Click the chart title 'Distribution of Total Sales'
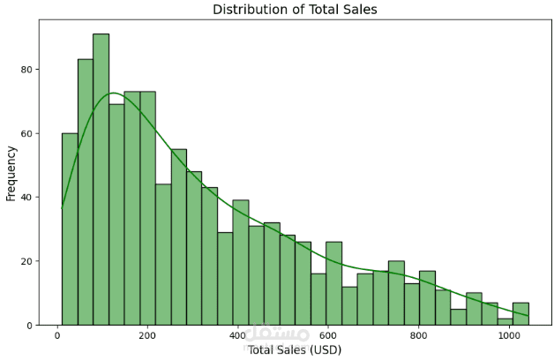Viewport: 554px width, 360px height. tap(295, 10)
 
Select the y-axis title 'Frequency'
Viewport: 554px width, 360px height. tap(11, 172)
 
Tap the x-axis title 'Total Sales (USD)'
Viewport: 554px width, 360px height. tap(294, 349)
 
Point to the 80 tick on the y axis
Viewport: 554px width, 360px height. tap(28, 69)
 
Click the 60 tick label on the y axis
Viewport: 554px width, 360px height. tap(28, 133)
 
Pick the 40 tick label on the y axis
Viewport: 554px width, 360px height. tap(28, 197)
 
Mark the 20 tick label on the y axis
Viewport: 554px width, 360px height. tap(28, 261)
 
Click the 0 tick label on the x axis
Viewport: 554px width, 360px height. tap(57, 336)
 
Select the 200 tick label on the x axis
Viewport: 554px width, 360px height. tap(147, 336)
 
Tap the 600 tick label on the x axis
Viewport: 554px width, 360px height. tap(328, 336)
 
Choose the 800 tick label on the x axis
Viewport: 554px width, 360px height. tap(418, 336)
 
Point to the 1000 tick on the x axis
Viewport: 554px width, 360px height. tap(508, 336)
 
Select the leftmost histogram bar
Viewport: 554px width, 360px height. tap(70, 229)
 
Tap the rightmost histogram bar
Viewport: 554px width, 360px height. tap(520, 314)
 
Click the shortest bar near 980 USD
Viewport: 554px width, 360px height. tap(505, 322)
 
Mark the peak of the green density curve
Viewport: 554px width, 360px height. tap(113, 93)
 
